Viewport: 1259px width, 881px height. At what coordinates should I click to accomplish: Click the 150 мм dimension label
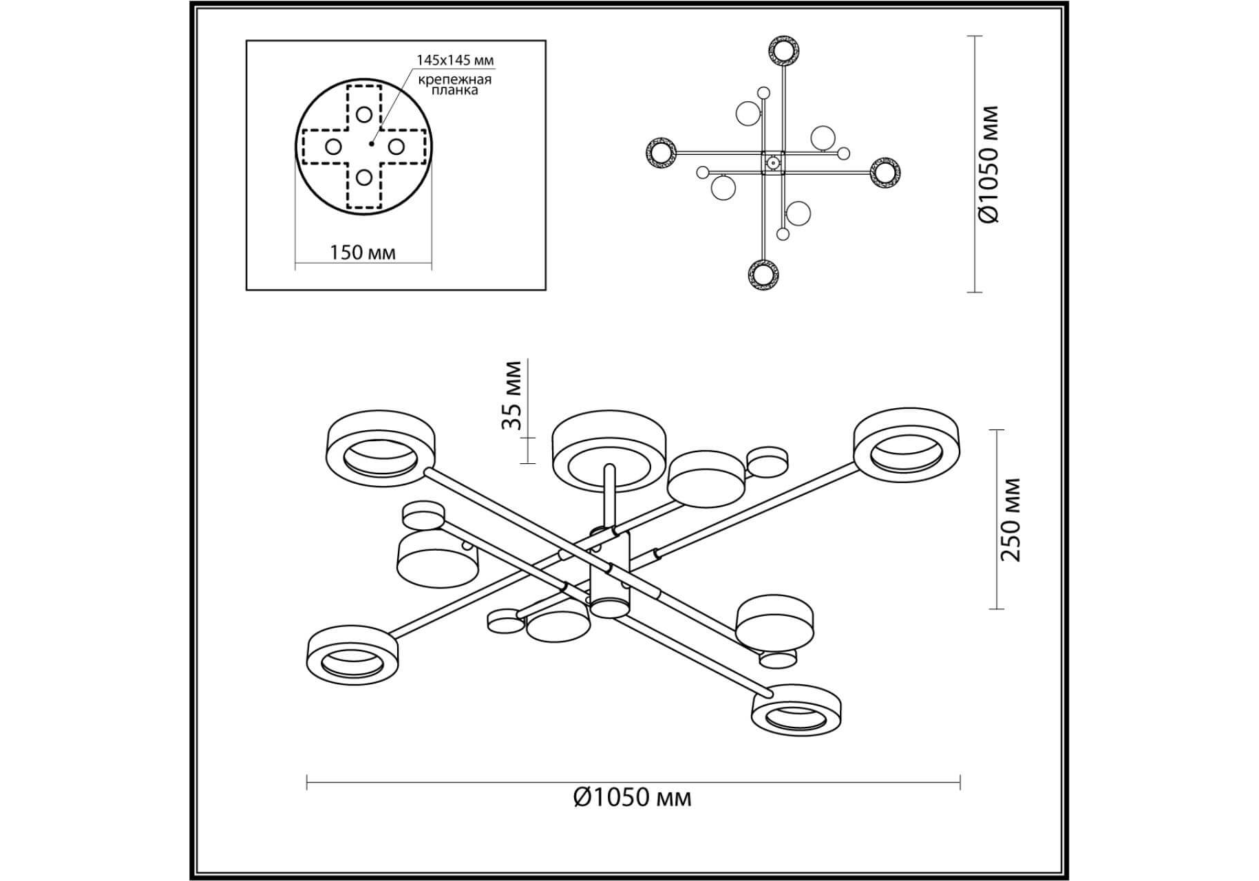pyautogui.click(x=363, y=253)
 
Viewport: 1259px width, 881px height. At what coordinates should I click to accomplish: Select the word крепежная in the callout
pyautogui.click(x=455, y=79)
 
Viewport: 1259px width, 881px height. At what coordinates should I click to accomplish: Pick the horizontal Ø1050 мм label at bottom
pyautogui.click(x=632, y=797)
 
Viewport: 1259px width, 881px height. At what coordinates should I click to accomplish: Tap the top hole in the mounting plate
pyautogui.click(x=364, y=115)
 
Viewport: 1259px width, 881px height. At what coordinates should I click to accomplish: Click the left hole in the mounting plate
pyautogui.click(x=333, y=147)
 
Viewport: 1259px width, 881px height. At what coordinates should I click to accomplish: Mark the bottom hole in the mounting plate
pyautogui.click(x=364, y=178)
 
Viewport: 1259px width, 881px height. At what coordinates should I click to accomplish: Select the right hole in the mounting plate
pyautogui.click(x=396, y=147)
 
